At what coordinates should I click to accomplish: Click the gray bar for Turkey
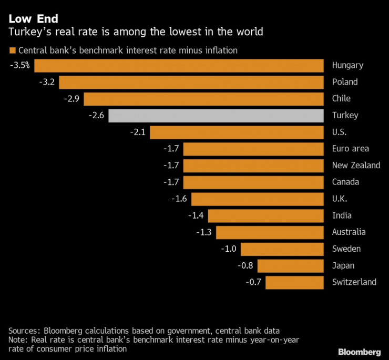click(216, 116)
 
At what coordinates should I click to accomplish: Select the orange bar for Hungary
click(179, 66)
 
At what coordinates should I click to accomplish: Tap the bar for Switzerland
click(294, 282)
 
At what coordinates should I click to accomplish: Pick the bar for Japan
click(290, 265)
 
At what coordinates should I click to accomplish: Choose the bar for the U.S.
click(236, 132)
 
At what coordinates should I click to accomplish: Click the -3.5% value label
click(19, 66)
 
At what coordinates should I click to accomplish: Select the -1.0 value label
click(229, 249)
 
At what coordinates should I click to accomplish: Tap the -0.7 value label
click(253, 282)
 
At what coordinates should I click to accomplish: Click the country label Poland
click(345, 82)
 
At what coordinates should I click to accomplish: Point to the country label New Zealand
click(356, 166)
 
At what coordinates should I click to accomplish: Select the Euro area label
click(350, 149)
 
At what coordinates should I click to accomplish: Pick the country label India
click(342, 215)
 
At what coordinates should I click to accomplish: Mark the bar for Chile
click(203, 99)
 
